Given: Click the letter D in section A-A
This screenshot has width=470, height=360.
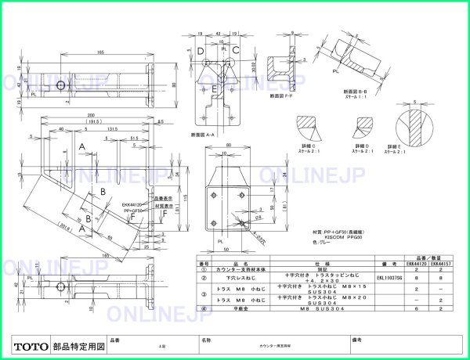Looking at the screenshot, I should [x=201, y=52].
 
